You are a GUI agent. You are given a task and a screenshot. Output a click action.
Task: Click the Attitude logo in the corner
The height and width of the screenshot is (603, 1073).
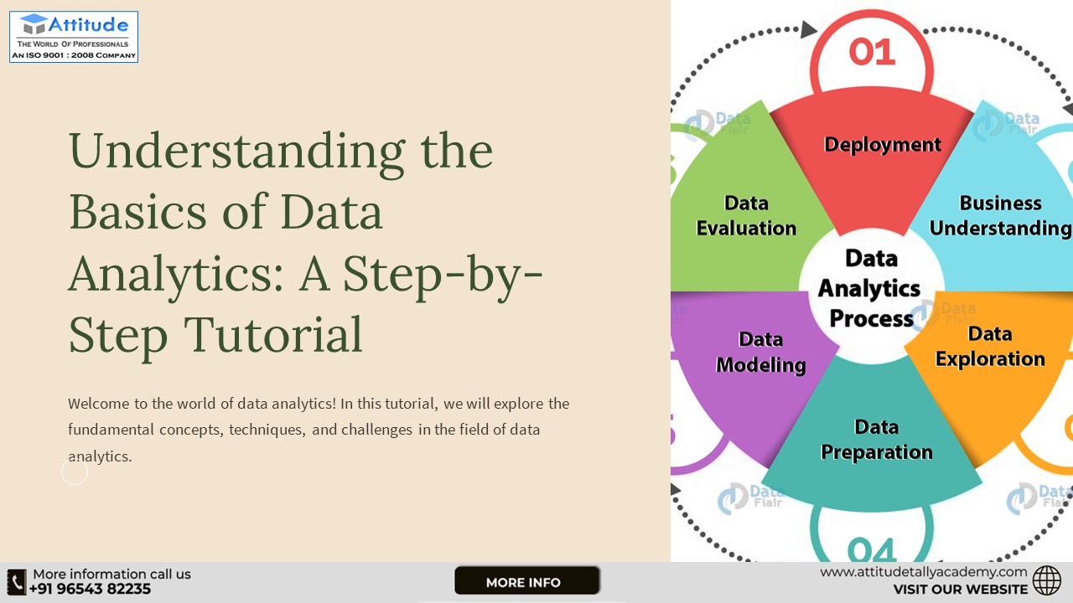point(74,37)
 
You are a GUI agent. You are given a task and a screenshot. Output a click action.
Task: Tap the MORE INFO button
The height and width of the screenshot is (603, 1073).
point(526,581)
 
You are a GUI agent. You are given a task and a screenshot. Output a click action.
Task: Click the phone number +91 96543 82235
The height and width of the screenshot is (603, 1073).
point(91,589)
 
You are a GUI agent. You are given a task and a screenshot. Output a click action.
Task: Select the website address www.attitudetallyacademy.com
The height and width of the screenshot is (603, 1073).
point(923,572)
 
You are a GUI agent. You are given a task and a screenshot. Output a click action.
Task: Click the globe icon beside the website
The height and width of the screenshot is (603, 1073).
point(1047,580)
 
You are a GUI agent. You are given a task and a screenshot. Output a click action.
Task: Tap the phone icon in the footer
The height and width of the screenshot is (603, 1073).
point(17,582)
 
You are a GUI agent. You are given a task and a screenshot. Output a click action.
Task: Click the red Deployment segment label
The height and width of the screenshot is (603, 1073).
point(882,145)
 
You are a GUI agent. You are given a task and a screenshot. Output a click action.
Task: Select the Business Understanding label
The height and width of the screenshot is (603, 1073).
point(1000,215)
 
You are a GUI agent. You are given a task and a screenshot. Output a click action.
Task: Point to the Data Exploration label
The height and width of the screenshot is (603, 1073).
point(990,347)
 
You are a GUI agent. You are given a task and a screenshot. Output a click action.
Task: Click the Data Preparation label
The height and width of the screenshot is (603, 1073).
point(876,440)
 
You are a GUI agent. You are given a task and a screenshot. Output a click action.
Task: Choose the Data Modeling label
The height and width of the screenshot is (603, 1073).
point(760,352)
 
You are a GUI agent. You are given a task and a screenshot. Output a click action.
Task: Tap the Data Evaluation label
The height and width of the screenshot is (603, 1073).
point(746,215)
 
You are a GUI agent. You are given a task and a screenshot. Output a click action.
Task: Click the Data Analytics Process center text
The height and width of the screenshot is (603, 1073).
point(869,288)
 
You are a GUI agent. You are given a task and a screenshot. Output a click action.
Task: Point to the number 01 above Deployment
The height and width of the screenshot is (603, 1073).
point(872,52)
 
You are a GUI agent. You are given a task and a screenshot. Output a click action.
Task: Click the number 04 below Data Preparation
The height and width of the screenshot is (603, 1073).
point(871,549)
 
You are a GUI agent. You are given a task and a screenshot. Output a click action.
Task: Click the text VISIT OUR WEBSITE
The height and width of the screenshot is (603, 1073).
point(960,590)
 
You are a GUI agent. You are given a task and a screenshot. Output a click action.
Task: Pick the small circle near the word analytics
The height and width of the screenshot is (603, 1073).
point(75,472)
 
